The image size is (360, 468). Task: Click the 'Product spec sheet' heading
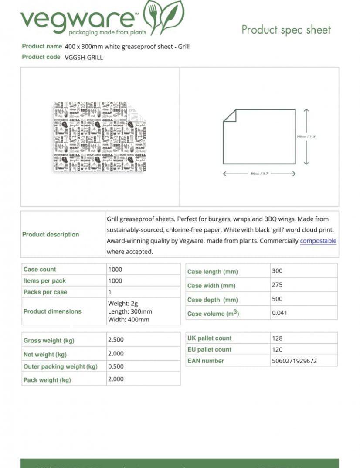pos(286,30)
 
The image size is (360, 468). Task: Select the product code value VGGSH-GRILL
pos(84,57)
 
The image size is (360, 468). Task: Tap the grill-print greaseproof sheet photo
pos(100,137)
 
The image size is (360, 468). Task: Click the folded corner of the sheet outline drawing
pos(229,116)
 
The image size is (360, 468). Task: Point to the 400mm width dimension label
pos(259,174)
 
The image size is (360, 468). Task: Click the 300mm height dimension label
pos(306,137)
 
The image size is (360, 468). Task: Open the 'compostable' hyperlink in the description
pos(318,241)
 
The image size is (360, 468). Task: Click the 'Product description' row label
pos(51,234)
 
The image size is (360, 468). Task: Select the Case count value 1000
pos(115,270)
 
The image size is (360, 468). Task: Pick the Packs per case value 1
pos(110,292)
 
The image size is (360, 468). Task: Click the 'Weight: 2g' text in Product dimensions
pos(123,304)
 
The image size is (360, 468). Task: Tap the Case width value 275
pos(277,285)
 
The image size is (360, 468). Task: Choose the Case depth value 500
pos(277,299)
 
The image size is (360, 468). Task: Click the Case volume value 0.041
pos(279,313)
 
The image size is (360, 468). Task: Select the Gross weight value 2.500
pos(116,340)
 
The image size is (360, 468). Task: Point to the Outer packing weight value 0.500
pos(116,367)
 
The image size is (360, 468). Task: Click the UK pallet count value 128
pos(277,338)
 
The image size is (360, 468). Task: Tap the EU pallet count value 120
pos(277,349)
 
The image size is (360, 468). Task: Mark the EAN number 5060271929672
pos(294,361)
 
